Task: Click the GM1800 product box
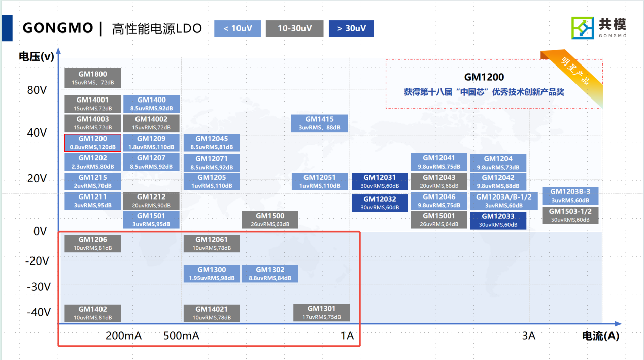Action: tap(93, 78)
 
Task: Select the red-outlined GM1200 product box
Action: tap(93, 143)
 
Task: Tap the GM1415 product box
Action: tap(320, 123)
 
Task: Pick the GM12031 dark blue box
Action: tap(380, 181)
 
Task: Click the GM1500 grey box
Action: tap(270, 220)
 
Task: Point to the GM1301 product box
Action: tap(322, 312)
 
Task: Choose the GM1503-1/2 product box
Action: tap(570, 215)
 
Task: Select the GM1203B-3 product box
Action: tap(570, 195)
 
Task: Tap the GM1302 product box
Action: tap(270, 274)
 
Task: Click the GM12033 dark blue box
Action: tap(498, 220)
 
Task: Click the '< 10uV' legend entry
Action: tap(238, 28)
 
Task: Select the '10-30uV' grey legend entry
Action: tap(294, 28)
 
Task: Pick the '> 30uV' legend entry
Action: tap(351, 28)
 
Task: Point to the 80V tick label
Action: tap(37, 91)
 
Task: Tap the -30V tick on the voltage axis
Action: tap(39, 287)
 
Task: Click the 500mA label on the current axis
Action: tap(181, 336)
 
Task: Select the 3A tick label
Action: tap(529, 336)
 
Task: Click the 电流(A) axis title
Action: tap(600, 336)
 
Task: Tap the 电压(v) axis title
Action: tap(37, 57)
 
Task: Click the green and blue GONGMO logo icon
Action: tap(583, 27)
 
